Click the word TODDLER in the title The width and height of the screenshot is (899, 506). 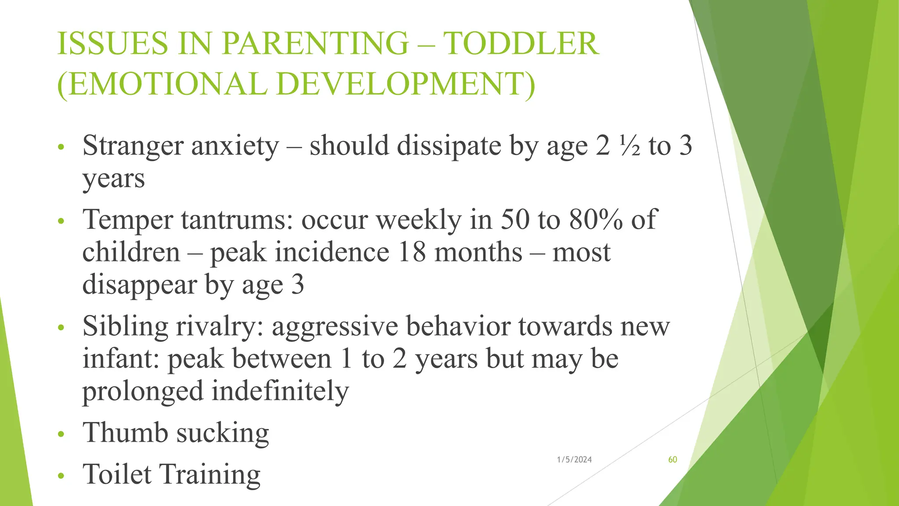coord(521,43)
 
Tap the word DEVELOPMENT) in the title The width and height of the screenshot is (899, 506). coord(406,83)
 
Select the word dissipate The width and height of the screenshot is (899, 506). coord(449,146)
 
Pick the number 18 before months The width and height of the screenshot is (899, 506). coord(412,252)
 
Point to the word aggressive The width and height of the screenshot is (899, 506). coord(334,326)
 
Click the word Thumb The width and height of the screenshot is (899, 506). coord(125,433)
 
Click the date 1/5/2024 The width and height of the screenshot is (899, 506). coord(574,459)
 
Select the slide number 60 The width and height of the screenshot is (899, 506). coord(672,459)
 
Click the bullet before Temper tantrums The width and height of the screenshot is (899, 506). coord(61,220)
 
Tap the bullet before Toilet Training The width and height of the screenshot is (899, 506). coord(61,476)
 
